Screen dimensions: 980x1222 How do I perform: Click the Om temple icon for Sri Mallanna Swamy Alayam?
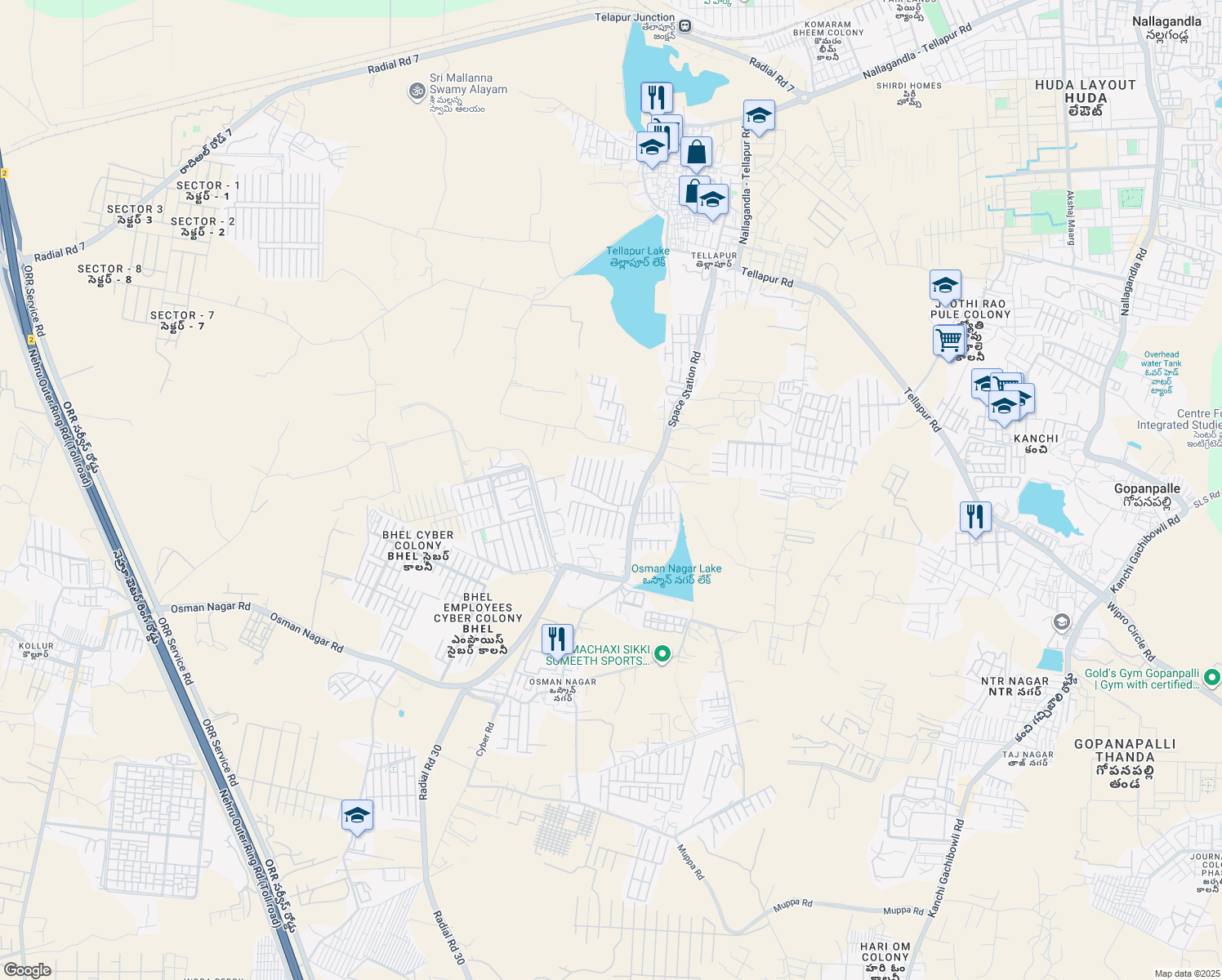tap(417, 91)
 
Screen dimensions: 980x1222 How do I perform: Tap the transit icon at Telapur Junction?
tap(686, 26)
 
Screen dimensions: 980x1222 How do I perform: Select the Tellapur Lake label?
tap(638, 256)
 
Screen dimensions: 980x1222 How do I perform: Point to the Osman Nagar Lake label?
tap(676, 573)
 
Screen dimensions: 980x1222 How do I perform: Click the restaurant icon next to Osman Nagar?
tap(557, 639)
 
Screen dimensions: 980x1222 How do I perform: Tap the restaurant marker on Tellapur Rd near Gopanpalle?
tap(975, 517)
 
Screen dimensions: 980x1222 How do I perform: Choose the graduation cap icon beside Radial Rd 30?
tap(357, 815)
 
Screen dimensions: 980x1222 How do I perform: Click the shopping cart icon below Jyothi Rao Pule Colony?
tap(948, 340)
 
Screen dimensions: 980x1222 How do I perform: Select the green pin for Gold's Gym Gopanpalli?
tap(1212, 677)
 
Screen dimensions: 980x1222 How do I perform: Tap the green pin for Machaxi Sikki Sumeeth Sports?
tap(663, 653)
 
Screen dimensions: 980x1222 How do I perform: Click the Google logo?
tap(27, 970)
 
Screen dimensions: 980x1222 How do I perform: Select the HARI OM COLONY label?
tap(885, 952)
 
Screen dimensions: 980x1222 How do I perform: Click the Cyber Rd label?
tap(484, 739)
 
